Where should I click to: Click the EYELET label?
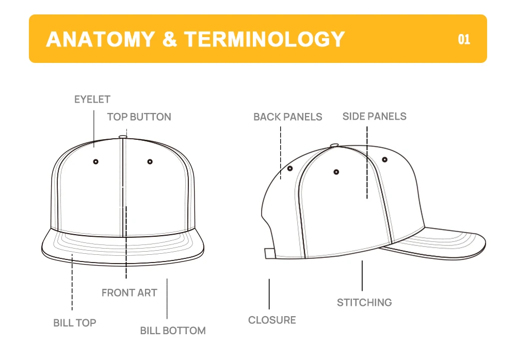pyautogui.click(x=92, y=100)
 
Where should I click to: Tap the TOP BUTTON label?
pyautogui.click(x=139, y=117)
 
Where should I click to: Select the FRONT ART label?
pyautogui.click(x=129, y=293)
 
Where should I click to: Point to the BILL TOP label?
pyautogui.click(x=75, y=323)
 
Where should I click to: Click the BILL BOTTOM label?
pyautogui.click(x=173, y=331)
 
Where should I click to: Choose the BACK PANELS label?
pyautogui.click(x=287, y=117)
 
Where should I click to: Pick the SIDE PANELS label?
pyautogui.click(x=374, y=117)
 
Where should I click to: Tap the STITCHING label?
pyautogui.click(x=364, y=303)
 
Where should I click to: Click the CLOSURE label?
pyautogui.click(x=272, y=320)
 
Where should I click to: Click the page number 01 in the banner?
pyautogui.click(x=464, y=40)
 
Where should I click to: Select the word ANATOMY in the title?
pyautogui.click(x=100, y=40)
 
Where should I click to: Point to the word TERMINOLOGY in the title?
pyautogui.click(x=265, y=40)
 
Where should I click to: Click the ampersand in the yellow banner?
pyautogui.click(x=169, y=40)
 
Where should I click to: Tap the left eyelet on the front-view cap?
pyautogui.click(x=95, y=162)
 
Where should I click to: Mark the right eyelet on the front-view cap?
pyautogui.click(x=150, y=162)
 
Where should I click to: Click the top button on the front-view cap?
pyautogui.click(x=122, y=137)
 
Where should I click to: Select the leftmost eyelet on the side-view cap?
pyautogui.click(x=290, y=169)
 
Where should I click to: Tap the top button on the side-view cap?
pyautogui.click(x=334, y=145)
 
